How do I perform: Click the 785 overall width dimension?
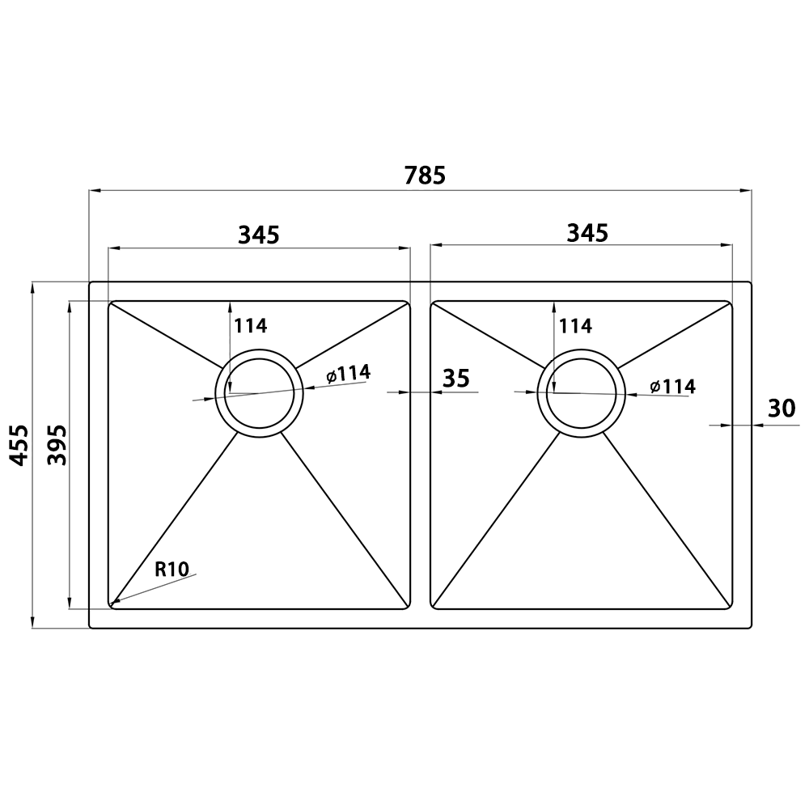(425, 176)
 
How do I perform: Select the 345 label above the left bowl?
(259, 235)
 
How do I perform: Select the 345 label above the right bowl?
(587, 233)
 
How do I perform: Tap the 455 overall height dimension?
(19, 445)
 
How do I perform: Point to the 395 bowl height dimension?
(57, 445)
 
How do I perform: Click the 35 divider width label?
(456, 379)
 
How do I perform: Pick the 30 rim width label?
(782, 409)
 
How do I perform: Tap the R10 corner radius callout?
(172, 569)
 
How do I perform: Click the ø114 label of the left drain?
(348, 374)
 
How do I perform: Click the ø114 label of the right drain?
(673, 386)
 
